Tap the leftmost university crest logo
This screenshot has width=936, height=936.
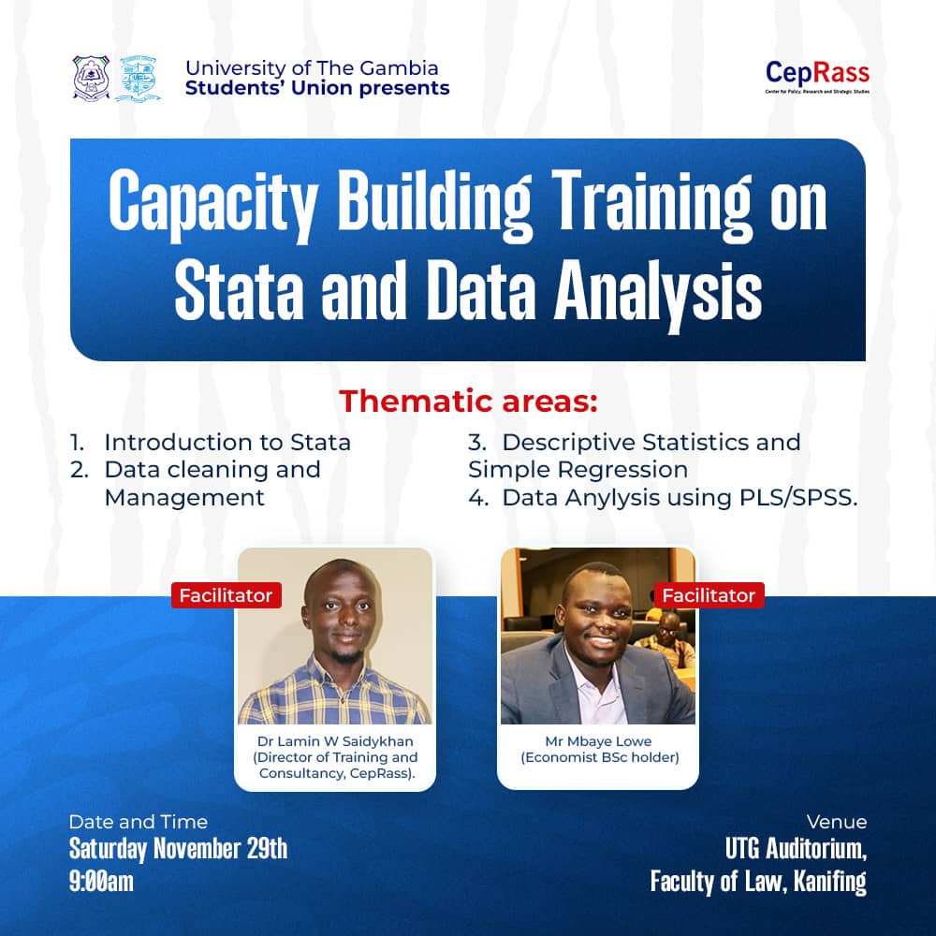pyautogui.click(x=91, y=79)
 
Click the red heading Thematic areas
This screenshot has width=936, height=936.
pyautogui.click(x=467, y=401)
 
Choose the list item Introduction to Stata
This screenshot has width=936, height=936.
pyautogui.click(x=227, y=442)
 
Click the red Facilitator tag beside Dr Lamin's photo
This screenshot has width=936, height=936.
pyautogui.click(x=226, y=595)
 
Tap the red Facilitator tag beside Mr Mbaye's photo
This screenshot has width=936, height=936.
pyautogui.click(x=709, y=595)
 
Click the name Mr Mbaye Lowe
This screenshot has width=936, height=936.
pyautogui.click(x=599, y=740)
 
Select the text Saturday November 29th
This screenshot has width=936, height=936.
pyautogui.click(x=178, y=850)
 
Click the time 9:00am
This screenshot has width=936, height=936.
pyautogui.click(x=101, y=881)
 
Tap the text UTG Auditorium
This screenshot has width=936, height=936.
pyautogui.click(x=796, y=850)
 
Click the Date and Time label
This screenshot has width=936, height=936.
pyautogui.click(x=138, y=822)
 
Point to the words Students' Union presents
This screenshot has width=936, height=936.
pyautogui.click(x=317, y=89)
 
